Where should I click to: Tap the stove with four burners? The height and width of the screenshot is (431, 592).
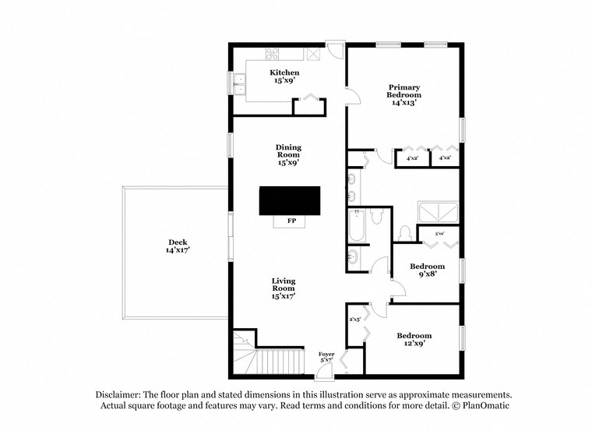point(273,54)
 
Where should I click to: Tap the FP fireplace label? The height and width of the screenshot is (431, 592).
point(291,221)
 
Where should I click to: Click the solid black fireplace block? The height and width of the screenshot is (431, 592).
point(290,200)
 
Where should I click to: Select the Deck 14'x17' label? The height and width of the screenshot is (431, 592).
point(178,246)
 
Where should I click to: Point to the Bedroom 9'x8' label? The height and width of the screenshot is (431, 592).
point(428,270)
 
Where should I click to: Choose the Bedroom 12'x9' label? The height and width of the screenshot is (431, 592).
point(414,340)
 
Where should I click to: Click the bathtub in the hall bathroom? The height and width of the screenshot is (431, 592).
point(356,226)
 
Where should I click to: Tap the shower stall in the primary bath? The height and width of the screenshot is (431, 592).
point(439,211)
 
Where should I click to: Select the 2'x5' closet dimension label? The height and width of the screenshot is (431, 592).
point(354,319)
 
